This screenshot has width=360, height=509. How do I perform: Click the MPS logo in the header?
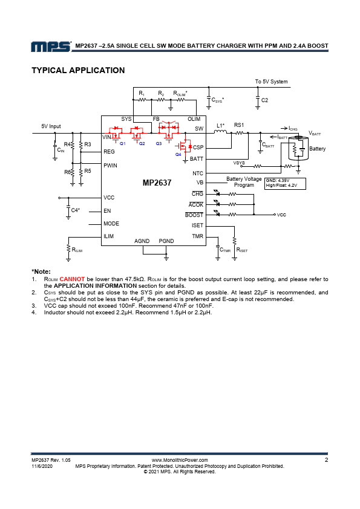pyautogui.click(x=51, y=47)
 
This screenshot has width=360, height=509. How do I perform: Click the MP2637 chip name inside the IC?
pyautogui.click(x=157, y=183)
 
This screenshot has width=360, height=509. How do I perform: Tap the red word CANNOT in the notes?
pyautogui.click(x=72, y=279)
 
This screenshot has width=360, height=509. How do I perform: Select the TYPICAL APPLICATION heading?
pyautogui.click(x=78, y=71)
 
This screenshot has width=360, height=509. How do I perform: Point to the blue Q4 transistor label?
pyautogui.click(x=178, y=155)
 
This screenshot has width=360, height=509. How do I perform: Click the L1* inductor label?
pyautogui.click(x=221, y=125)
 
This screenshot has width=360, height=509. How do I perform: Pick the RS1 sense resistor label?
pyautogui.click(x=239, y=125)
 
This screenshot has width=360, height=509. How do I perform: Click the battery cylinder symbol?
pyautogui.click(x=298, y=148)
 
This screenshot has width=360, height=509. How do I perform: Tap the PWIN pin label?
pyautogui.click(x=111, y=166)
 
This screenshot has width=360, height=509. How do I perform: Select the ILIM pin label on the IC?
pyautogui.click(x=108, y=236)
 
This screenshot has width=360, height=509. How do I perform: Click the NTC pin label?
pyautogui.click(x=197, y=173)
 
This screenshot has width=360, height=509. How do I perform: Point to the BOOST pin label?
pyautogui.click(x=194, y=215)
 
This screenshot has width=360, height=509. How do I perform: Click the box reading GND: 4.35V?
pyautogui.click(x=285, y=183)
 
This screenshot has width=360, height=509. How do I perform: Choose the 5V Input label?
pyautogui.click(x=51, y=126)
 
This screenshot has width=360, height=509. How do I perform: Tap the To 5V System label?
pyautogui.click(x=271, y=82)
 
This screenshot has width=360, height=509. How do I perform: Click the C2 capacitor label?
pyautogui.click(x=265, y=100)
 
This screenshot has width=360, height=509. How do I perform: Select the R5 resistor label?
pyautogui.click(x=88, y=170)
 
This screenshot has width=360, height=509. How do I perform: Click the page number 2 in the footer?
pyautogui.click(x=326, y=459)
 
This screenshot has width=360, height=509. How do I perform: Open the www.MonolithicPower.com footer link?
pyautogui.click(x=180, y=460)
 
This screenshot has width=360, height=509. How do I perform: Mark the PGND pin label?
pyautogui.click(x=166, y=241)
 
